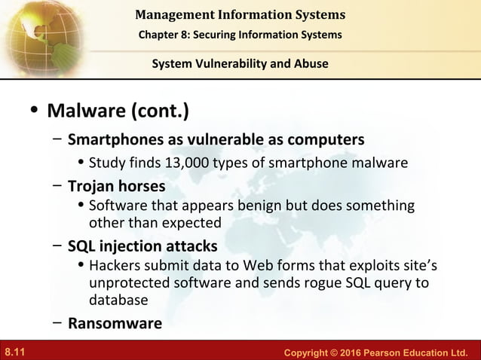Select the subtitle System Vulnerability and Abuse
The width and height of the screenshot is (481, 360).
click(240, 64)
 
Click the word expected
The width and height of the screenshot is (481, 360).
click(192, 222)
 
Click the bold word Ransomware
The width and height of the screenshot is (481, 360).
click(115, 324)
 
